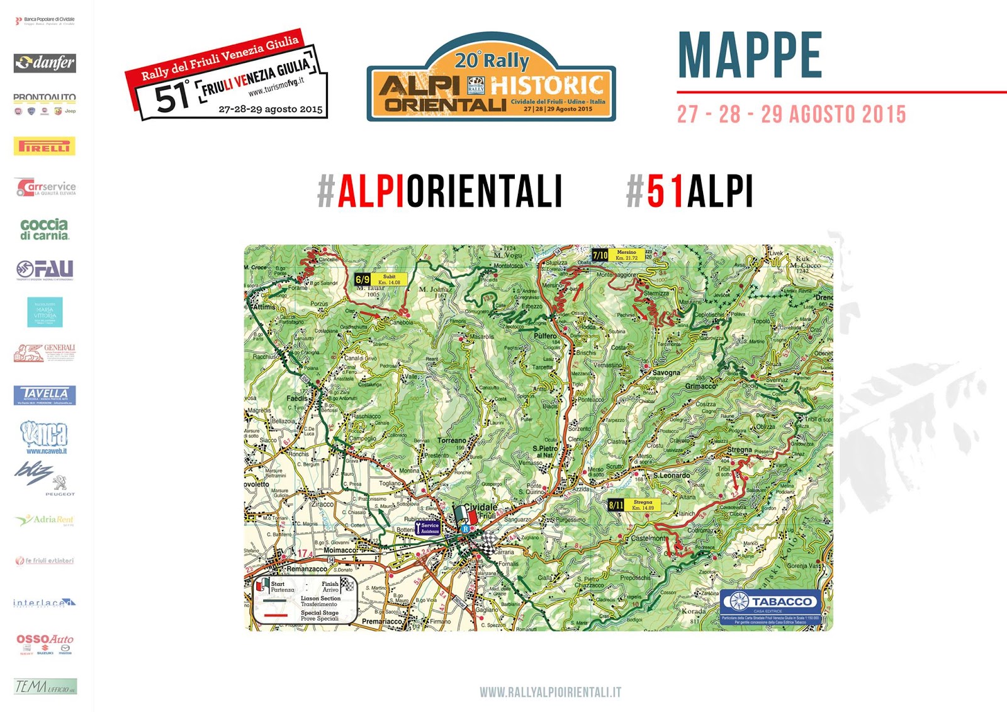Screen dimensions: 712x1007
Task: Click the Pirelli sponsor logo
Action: [44, 146]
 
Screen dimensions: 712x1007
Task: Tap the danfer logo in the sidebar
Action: [45, 63]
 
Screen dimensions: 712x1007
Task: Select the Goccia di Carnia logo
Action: [45, 229]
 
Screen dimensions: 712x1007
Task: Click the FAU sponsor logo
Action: [45, 270]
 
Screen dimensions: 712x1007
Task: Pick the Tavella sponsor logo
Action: [45, 395]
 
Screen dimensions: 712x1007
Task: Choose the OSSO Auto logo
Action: [45, 643]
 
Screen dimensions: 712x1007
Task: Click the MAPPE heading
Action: [750, 55]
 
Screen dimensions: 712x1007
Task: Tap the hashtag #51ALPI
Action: [690, 192]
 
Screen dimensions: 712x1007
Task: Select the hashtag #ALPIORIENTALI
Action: [439, 192]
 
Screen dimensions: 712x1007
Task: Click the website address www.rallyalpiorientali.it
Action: [550, 692]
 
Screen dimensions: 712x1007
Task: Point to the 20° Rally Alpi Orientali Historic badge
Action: [491, 79]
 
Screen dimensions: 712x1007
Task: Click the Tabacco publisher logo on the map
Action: [770, 605]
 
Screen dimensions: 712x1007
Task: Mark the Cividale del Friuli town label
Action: [480, 510]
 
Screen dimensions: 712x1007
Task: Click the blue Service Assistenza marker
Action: [428, 528]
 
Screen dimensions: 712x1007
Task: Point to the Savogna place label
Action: [666, 372]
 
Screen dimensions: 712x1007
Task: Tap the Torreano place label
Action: [452, 440]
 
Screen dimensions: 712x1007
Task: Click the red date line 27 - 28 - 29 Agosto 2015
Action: [791, 115]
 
